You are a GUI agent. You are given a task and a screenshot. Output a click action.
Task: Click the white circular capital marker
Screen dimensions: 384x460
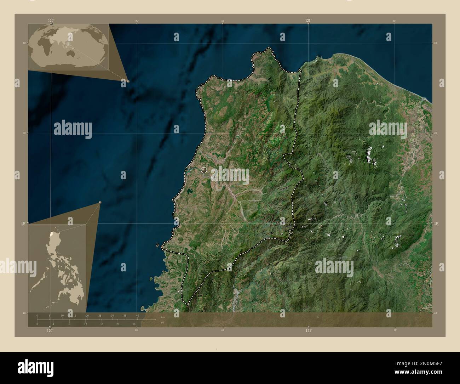click(x=203, y=170)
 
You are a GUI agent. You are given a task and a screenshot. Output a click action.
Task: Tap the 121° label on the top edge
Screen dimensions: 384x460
click(x=309, y=21)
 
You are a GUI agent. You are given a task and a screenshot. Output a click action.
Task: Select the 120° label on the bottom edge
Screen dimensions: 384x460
click(x=50, y=331)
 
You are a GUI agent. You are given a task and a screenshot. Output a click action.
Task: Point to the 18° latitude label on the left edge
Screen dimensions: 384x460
click(x=22, y=223)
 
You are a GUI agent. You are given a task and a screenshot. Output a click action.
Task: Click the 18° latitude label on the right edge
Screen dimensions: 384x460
click(x=436, y=223)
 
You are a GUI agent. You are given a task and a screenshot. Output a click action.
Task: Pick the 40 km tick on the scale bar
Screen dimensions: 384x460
click(x=137, y=315)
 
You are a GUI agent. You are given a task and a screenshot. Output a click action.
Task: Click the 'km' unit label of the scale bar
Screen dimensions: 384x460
click(x=163, y=317)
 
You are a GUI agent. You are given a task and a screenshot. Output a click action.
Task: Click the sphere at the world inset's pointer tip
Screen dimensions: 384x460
click(x=128, y=81)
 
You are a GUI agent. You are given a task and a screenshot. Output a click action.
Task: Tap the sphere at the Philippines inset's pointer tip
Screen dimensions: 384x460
click(x=100, y=202)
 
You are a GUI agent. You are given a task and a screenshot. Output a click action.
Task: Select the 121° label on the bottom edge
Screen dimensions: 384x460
click(x=309, y=331)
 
